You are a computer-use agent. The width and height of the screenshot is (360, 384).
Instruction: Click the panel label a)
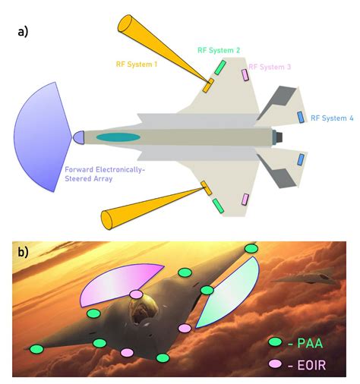pyautogui.click(x=23, y=32)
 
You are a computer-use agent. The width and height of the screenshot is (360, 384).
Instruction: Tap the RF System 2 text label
pyautogui.click(x=219, y=50)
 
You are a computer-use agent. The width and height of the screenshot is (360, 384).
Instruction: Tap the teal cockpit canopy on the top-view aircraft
pyautogui.click(x=119, y=137)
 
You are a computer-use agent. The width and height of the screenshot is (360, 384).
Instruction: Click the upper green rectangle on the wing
pyautogui.click(x=219, y=68)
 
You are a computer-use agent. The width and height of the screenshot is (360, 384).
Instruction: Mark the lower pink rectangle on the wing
pyautogui.click(x=245, y=200)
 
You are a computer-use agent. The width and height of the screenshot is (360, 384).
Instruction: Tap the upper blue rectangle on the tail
pyautogui.click(x=301, y=118)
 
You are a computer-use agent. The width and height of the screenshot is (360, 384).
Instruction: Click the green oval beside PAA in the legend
pyautogui.click(x=275, y=342)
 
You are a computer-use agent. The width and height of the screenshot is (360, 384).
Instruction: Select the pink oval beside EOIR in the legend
pyautogui.click(x=275, y=364)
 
